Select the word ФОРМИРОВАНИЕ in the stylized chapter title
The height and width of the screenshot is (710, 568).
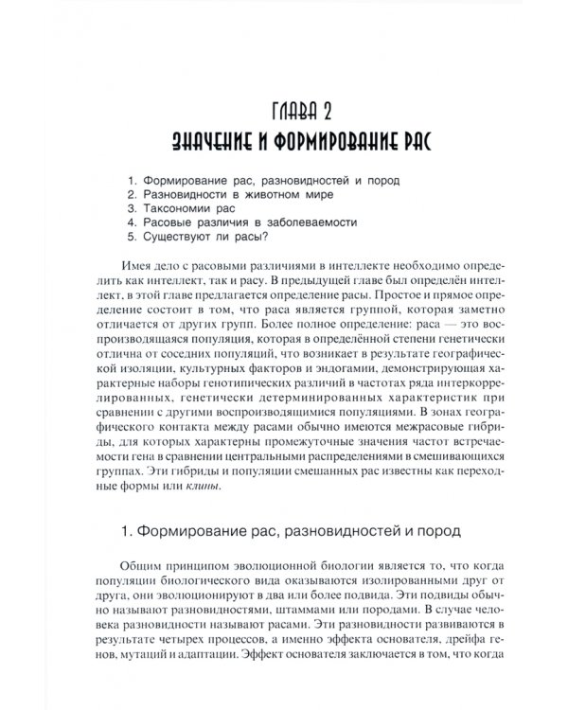(x=328, y=142)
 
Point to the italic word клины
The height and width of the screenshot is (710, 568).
(x=200, y=487)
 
